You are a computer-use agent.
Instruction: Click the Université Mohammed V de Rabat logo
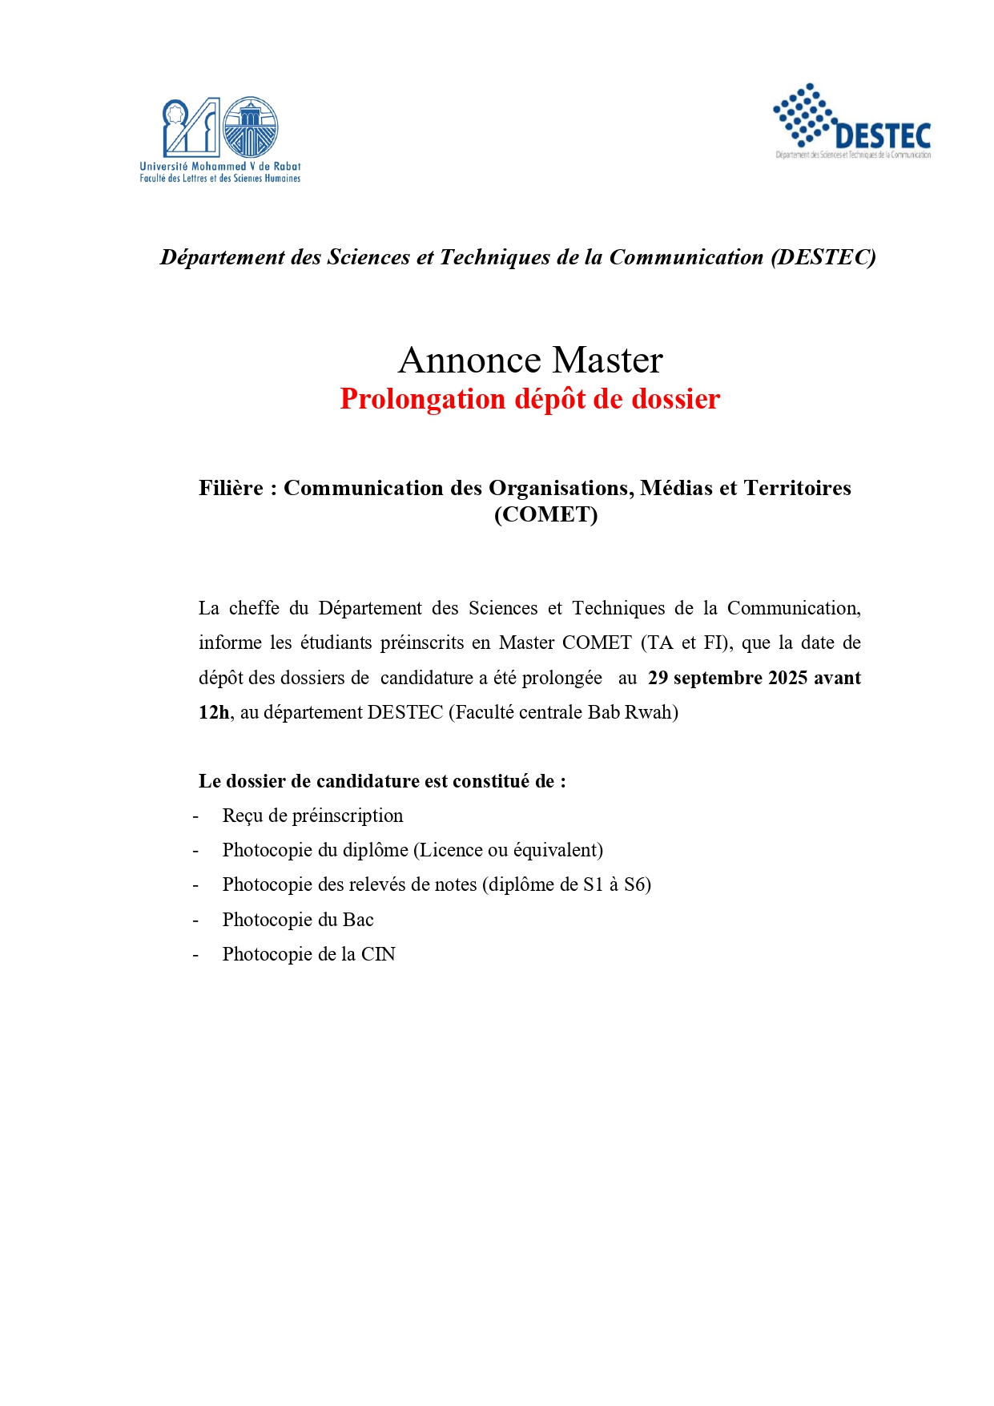tap(220, 138)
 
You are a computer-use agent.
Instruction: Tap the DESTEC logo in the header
tap(852, 122)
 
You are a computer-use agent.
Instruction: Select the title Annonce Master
tap(530, 360)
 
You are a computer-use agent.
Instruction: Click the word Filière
tap(231, 488)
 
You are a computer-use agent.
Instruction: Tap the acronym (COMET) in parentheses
tap(545, 514)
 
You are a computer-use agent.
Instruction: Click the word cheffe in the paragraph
tap(254, 608)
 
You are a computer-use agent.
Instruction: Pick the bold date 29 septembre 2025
tap(727, 678)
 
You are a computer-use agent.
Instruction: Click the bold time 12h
tap(214, 712)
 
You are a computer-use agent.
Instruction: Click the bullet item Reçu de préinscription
tap(312, 816)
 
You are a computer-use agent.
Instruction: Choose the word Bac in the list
tap(358, 920)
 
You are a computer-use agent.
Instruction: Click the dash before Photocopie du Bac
tap(195, 920)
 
